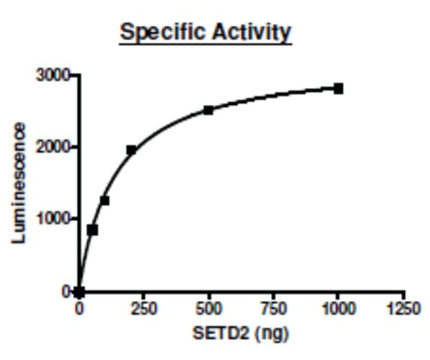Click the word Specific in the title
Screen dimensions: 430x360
coord(162,32)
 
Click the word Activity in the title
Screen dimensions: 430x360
coord(251,32)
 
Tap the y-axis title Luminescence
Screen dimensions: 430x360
coord(19,183)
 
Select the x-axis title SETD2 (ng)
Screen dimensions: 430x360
coord(241,334)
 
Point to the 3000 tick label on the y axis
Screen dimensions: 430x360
coord(52,75)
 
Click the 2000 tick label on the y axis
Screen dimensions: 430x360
coord(52,148)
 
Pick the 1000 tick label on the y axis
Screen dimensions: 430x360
coord(52,219)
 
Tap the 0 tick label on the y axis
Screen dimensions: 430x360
coord(66,292)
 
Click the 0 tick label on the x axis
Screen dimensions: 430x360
coord(80,309)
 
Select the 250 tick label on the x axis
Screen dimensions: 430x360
coord(143,309)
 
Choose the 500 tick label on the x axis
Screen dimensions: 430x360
coord(209,309)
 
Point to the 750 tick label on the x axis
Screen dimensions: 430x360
coord(273,309)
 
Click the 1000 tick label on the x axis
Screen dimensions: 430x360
coord(338,309)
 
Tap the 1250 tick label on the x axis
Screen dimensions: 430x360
coord(403,309)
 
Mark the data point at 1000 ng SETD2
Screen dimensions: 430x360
coord(338,88)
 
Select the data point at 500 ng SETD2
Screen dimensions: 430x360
coord(209,110)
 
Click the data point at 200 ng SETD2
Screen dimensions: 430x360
coord(131,150)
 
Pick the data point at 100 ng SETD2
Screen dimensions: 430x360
coord(105,200)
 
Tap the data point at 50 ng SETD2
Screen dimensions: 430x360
coord(92,230)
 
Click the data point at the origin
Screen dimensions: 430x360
coord(80,292)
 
